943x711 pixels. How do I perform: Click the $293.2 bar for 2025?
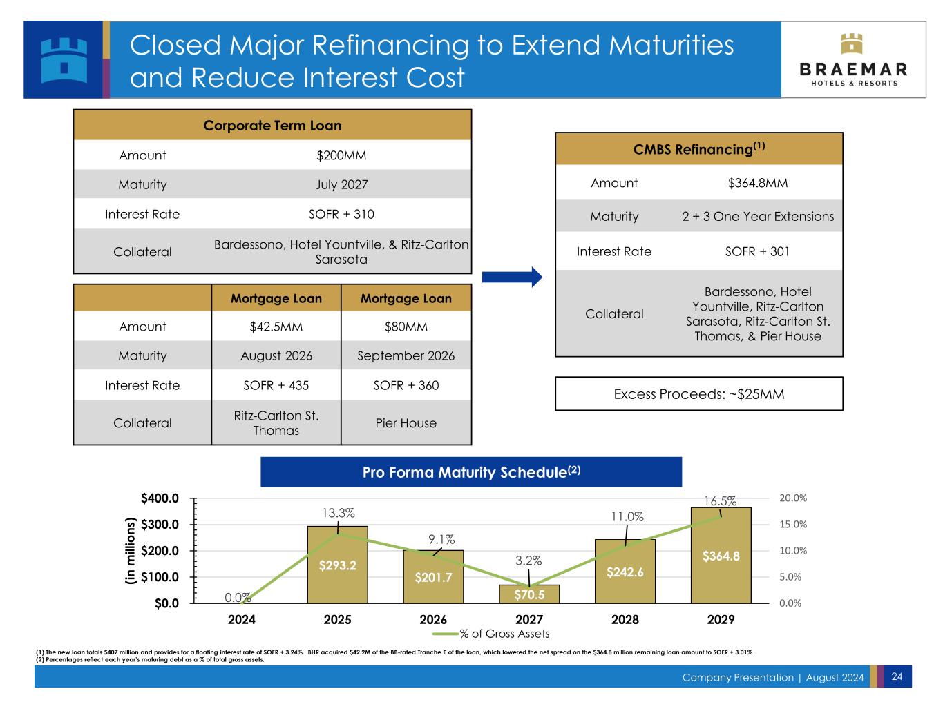coord(337,565)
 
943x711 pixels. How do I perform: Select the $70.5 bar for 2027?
coord(529,594)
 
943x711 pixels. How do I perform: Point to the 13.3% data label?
coord(339,513)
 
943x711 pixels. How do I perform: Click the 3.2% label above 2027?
coord(529,561)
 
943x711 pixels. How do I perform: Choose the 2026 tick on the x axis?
coord(433,619)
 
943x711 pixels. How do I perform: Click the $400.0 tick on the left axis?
coord(160,498)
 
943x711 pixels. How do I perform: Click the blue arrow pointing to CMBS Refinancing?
coord(512,277)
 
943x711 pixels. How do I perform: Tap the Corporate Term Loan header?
coord(272,126)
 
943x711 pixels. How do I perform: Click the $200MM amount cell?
coord(341,155)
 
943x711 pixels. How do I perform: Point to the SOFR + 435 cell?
coord(276,385)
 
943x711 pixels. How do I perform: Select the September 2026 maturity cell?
coord(406,355)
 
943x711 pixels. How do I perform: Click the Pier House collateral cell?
coord(406,422)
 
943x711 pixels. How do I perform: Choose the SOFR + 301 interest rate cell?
coord(757,251)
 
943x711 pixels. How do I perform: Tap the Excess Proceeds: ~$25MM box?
coord(698,394)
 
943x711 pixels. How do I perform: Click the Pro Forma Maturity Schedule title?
coord(471,473)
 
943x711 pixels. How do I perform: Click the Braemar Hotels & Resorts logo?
coord(853,60)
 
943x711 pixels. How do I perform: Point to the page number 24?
coord(897,676)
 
